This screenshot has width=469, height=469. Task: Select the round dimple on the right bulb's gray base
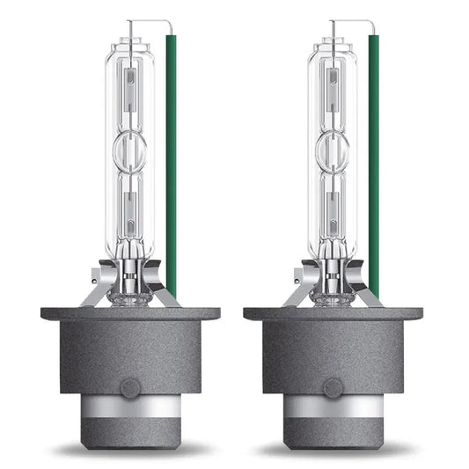tap(332, 388)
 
